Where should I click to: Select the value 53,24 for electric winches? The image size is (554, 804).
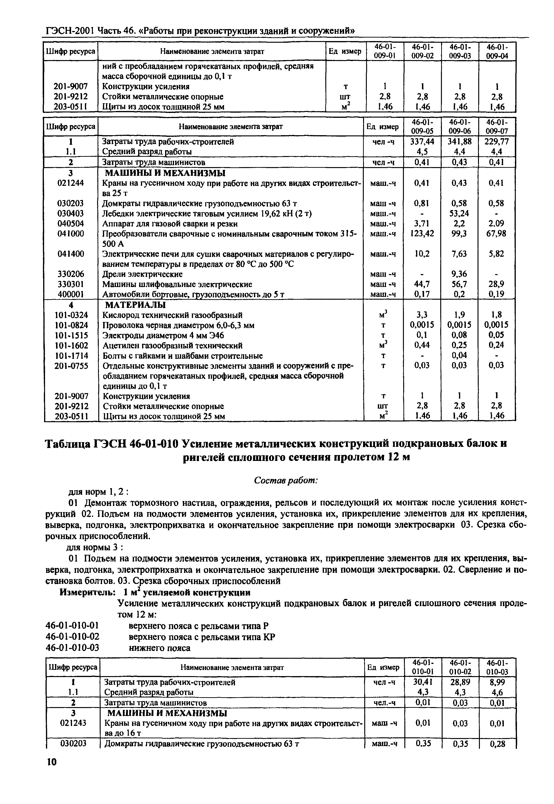tap(459, 213)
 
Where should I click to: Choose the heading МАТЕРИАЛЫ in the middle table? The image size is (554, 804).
tap(135, 305)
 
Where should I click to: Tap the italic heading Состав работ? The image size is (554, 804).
tap(286, 480)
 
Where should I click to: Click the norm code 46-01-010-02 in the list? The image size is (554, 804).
tap(72, 637)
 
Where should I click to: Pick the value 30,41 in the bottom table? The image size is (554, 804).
tap(423, 682)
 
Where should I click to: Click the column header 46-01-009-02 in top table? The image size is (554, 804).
tap(422, 51)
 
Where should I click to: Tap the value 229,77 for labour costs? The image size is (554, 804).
tap(497, 141)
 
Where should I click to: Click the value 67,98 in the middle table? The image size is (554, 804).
tap(496, 234)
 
